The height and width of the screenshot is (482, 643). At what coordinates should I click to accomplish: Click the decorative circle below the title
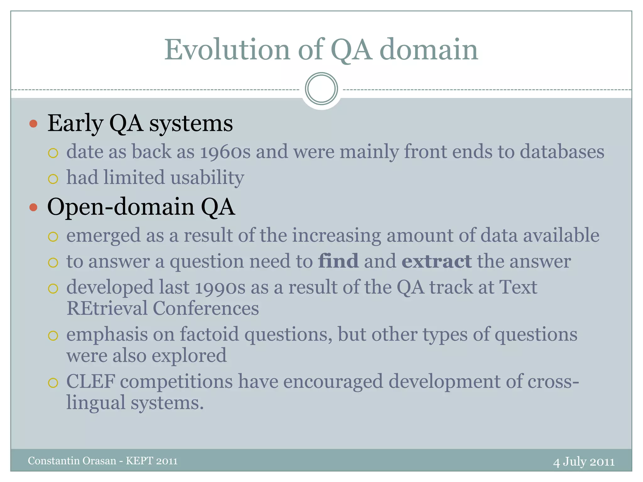pos(321,89)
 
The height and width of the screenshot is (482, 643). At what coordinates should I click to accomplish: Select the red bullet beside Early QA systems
pos(33,124)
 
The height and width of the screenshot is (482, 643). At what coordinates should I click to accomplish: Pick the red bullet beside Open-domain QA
pos(33,207)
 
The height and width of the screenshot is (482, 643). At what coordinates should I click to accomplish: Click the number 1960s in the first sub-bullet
pos(225,152)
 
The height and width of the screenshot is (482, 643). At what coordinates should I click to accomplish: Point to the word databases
pos(562,152)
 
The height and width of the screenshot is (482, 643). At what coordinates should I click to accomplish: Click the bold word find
pos(338,261)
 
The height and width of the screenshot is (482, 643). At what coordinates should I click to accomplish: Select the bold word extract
pos(436,261)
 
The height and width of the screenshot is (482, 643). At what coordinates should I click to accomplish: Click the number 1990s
pos(220,287)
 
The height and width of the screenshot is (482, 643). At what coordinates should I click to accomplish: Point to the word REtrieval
pos(107,308)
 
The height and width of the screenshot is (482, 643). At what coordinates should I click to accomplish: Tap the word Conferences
pos(206,308)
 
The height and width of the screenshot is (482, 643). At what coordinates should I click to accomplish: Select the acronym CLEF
pos(90,382)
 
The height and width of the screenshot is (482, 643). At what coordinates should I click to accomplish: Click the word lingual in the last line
pos(96,403)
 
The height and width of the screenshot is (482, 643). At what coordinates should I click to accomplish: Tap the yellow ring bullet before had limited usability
pos(53,179)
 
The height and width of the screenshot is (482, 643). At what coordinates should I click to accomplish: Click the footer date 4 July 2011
pos(584,462)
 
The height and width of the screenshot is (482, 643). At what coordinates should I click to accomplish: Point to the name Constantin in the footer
pos(54,461)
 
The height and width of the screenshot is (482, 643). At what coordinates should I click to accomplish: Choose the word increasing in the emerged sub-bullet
pos(337,235)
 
